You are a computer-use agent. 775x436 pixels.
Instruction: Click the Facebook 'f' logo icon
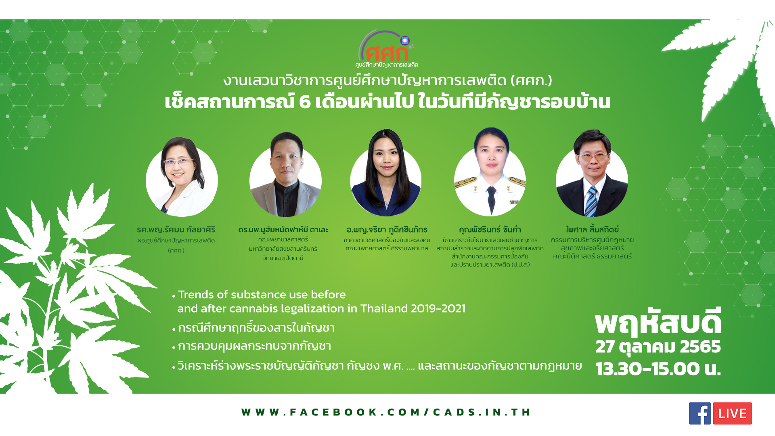700,413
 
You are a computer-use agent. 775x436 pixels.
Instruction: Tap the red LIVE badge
732,413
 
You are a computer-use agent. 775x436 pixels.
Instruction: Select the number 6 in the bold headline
305,102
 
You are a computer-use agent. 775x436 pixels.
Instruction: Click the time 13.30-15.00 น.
658,369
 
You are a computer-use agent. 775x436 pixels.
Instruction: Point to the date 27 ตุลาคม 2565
658,347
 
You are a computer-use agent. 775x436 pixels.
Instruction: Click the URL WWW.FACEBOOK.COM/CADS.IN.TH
385,412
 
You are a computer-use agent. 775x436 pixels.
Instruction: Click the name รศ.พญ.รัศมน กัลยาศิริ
176,230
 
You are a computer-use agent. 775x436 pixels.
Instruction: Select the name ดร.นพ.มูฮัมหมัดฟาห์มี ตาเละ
283,230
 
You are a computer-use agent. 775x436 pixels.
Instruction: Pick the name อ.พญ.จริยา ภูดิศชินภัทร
387,230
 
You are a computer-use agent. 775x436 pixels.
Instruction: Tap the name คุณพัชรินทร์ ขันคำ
490,230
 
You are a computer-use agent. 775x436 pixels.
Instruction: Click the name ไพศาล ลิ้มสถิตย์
592,229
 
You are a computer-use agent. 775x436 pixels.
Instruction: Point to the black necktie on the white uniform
491,200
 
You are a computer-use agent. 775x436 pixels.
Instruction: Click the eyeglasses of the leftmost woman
178,162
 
